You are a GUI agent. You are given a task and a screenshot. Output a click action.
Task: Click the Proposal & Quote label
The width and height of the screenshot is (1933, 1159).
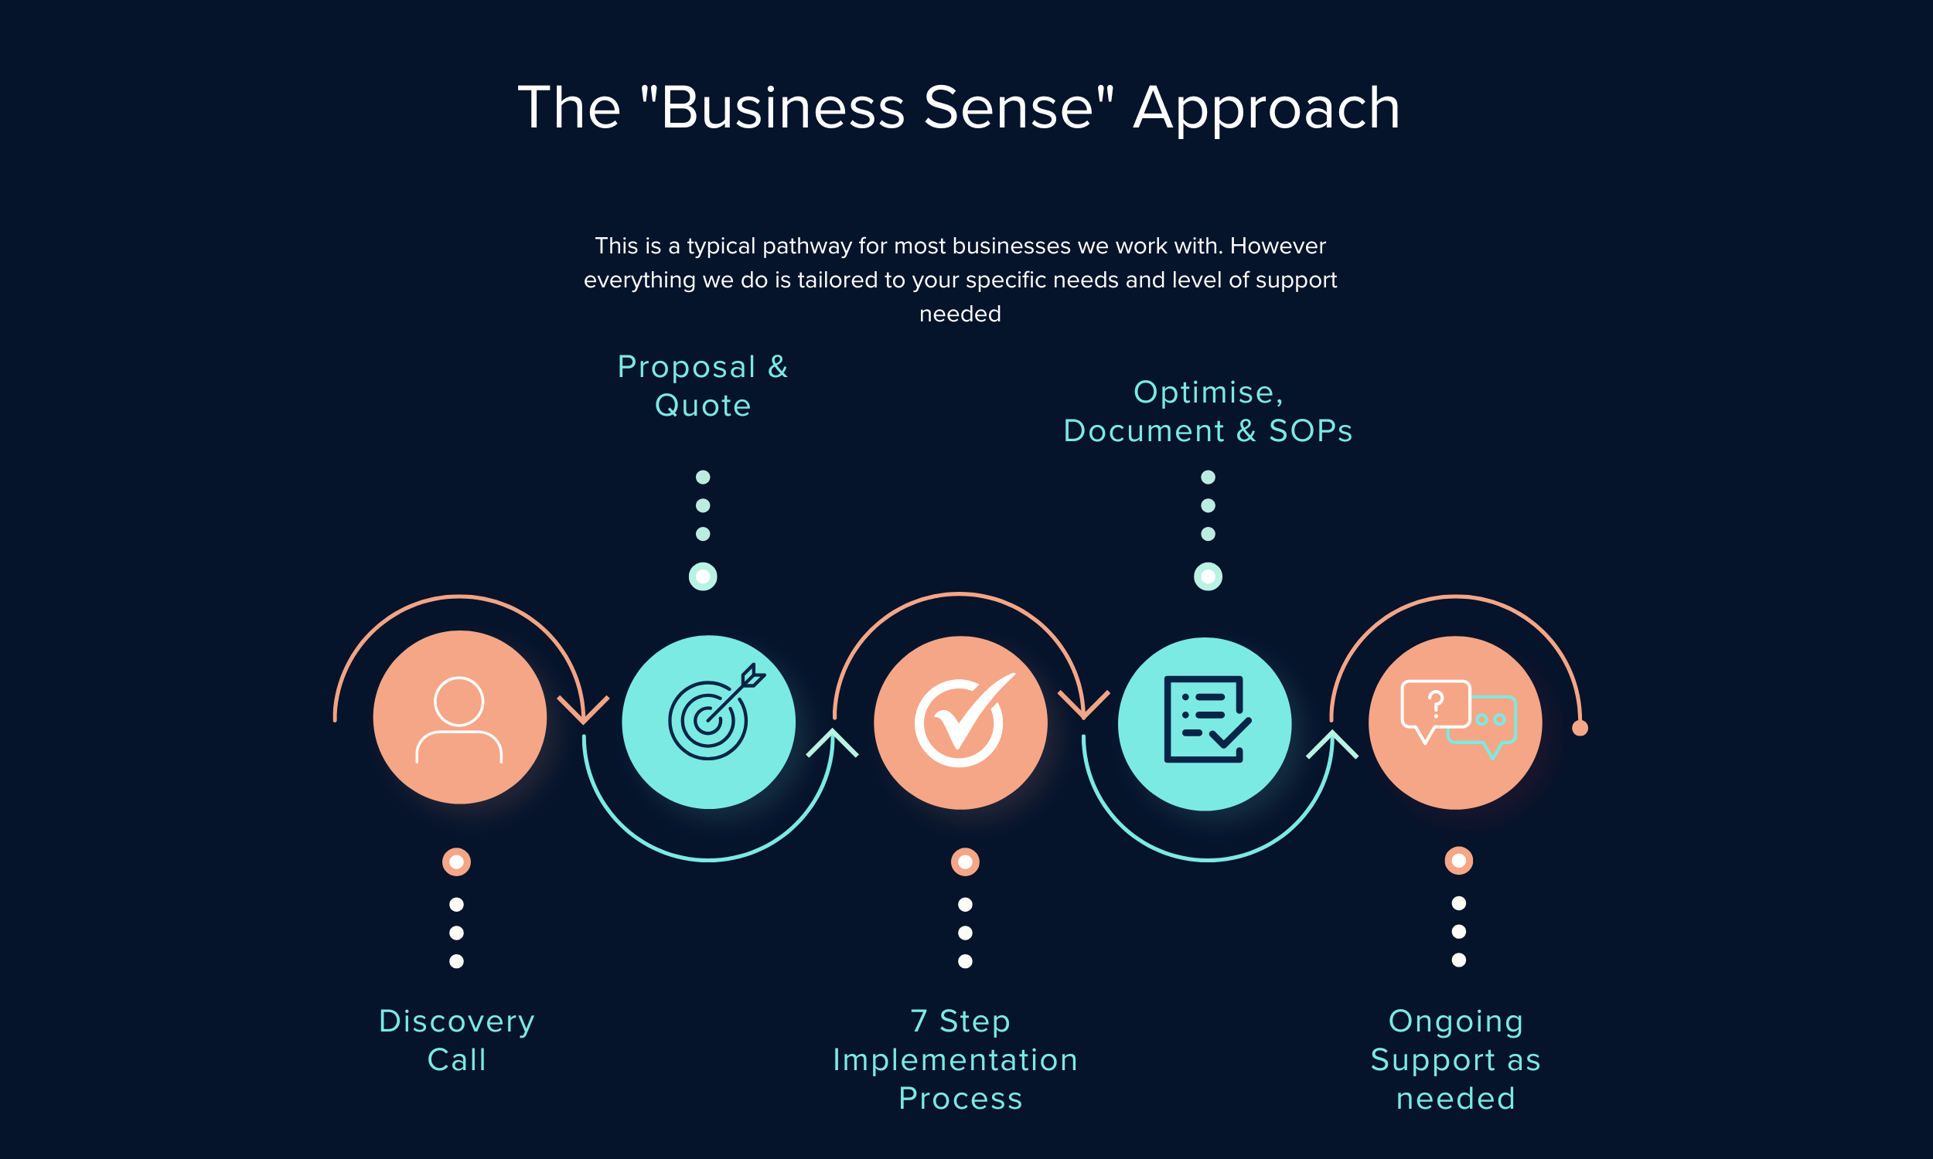pos(702,386)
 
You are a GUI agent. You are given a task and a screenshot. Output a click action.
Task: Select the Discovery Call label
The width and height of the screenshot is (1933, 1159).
pos(456,1040)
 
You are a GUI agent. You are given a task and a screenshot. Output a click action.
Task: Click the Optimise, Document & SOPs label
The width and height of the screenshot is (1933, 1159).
pos(1208,411)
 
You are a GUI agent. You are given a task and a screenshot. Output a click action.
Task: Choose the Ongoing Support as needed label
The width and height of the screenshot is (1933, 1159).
pos(1456,1059)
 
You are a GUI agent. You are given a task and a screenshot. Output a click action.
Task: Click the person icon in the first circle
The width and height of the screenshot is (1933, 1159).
pos(459,719)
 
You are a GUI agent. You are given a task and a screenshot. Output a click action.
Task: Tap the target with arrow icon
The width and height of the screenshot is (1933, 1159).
pos(716,712)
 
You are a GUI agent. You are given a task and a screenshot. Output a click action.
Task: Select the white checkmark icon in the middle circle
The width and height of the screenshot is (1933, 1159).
pos(964,719)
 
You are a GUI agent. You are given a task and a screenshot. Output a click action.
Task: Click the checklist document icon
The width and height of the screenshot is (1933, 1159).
pos(1207,719)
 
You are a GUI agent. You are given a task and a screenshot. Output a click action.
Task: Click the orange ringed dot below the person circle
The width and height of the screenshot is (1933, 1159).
pos(456,862)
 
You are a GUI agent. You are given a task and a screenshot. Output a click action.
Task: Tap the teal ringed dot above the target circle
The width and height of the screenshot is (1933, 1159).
pos(702,577)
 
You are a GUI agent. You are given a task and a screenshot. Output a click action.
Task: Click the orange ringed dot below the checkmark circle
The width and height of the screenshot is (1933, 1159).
pos(965,862)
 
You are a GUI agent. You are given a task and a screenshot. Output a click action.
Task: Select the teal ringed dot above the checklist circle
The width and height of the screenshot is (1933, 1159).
pos(1208,577)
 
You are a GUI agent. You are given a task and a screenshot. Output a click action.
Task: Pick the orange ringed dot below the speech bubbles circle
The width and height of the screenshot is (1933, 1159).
pos(1459,861)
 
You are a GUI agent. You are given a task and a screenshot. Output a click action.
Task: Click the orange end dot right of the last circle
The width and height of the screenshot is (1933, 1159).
pos(1580,728)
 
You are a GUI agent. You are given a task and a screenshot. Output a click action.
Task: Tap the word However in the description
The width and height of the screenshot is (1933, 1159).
pos(1277,246)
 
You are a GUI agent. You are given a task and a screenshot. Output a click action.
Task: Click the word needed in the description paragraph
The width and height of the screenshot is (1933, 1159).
pos(960,314)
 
